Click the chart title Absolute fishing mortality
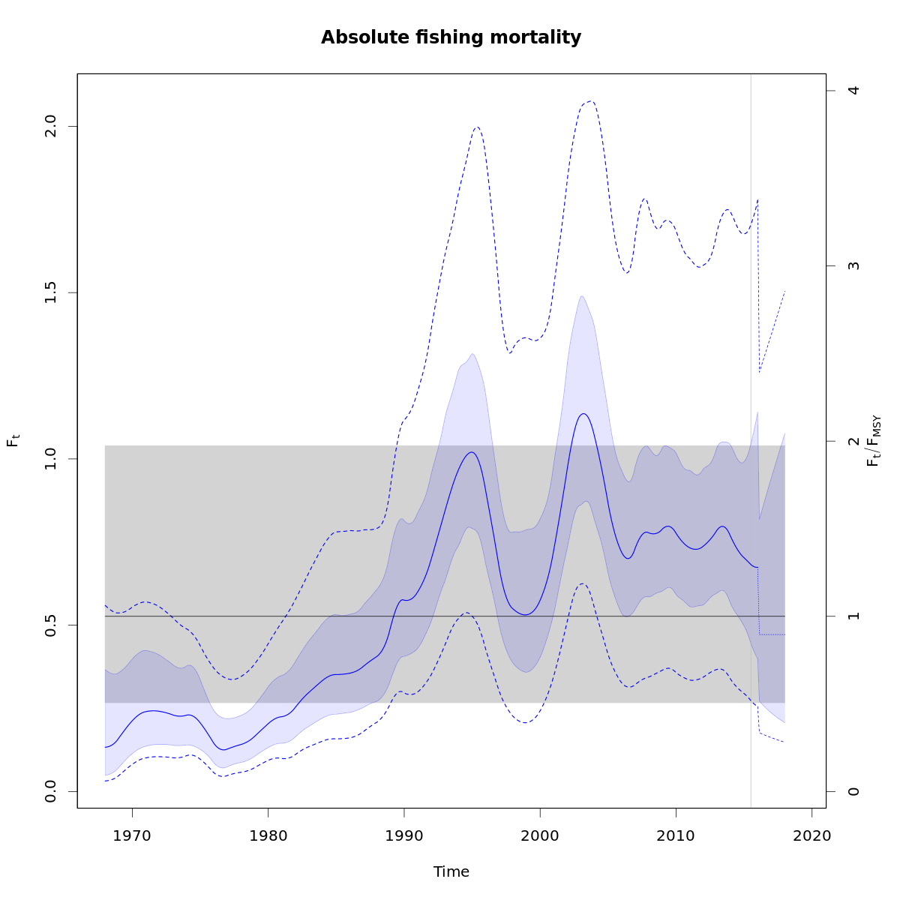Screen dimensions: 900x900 click(x=451, y=37)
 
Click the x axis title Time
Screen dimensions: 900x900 click(x=451, y=871)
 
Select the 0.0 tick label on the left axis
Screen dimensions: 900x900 click(x=51, y=791)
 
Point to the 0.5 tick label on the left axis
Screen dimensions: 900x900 click(x=51, y=625)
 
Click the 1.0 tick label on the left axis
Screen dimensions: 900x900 click(x=51, y=459)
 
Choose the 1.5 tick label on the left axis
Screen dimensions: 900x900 click(x=51, y=292)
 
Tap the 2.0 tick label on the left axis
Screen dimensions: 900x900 click(x=51, y=126)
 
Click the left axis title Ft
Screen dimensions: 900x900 click(x=13, y=441)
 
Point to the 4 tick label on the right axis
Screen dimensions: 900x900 click(x=853, y=91)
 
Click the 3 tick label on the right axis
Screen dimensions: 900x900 click(x=853, y=265)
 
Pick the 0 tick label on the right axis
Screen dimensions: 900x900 click(x=853, y=791)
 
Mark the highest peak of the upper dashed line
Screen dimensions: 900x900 click(x=590, y=100)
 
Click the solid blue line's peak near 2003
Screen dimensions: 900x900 click(x=583, y=413)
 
